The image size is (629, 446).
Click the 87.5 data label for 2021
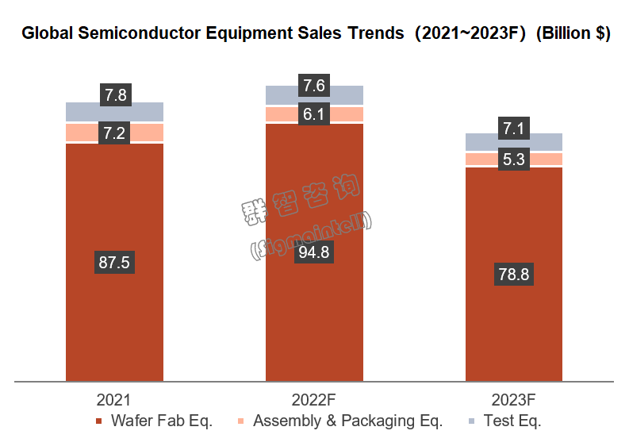click(x=114, y=263)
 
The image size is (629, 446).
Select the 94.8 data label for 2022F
click(x=313, y=253)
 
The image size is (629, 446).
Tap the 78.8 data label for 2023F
click(x=513, y=275)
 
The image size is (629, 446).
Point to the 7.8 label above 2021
click(x=114, y=95)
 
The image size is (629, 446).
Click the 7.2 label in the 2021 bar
click(x=114, y=133)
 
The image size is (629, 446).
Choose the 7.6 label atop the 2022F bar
click(x=313, y=85)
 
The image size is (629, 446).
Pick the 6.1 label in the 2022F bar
click(x=313, y=114)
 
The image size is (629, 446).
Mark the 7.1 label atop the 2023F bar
click(x=513, y=128)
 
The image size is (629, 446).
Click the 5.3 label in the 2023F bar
click(x=513, y=160)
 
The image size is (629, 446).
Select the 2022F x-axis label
click(x=313, y=399)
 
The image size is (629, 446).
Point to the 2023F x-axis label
click(x=513, y=399)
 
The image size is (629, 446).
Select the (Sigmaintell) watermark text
click(x=311, y=236)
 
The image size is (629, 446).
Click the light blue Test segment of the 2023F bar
click(x=476, y=142)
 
